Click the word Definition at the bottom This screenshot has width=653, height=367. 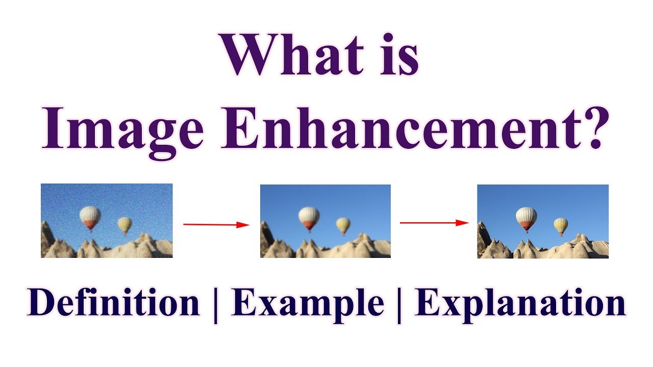click(113, 304)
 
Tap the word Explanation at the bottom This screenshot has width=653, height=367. click(520, 304)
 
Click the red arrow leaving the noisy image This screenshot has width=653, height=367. click(216, 224)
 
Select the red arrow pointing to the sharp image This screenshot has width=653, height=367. click(434, 222)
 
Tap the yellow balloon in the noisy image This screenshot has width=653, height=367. click(124, 224)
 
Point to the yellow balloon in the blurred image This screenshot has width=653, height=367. click(343, 225)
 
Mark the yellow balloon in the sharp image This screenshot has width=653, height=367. click(561, 225)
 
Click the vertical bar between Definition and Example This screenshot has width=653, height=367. click(216, 305)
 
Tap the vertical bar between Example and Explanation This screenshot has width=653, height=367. click(399, 305)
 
